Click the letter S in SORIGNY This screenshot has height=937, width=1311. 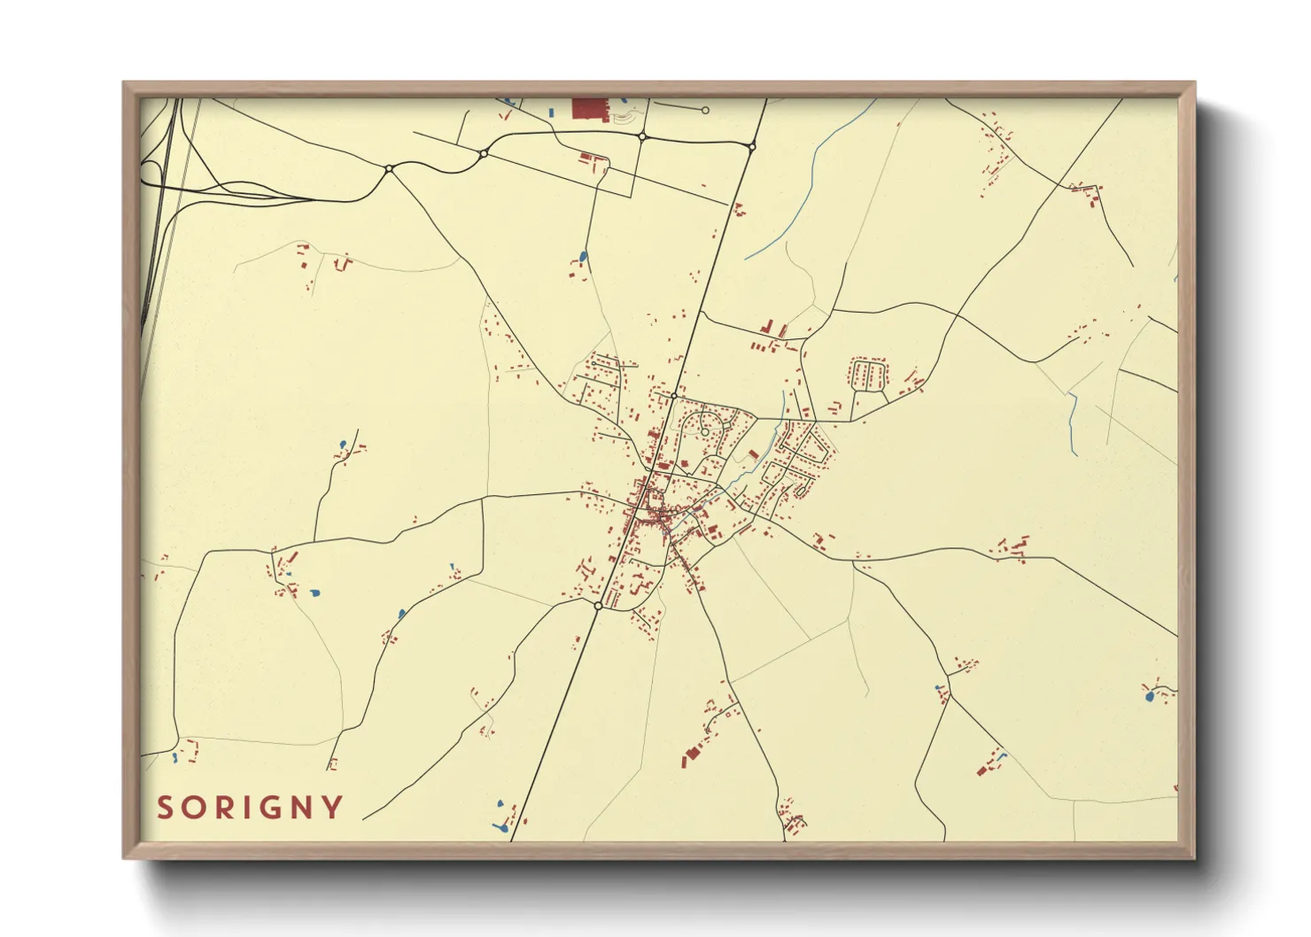click(165, 808)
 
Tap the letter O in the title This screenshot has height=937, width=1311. click(193, 808)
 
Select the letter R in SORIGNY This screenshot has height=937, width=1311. click(221, 808)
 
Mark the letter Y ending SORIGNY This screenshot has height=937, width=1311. click(332, 808)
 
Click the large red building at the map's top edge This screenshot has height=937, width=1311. click(586, 108)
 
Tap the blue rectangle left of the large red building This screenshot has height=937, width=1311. click(551, 112)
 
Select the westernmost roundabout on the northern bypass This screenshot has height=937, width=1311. click(389, 168)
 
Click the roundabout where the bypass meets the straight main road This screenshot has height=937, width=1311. click(751, 147)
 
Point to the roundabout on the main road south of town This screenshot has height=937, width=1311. click(598, 606)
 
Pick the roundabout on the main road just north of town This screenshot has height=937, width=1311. click(674, 396)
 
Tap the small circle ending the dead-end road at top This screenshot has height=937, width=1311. click(705, 111)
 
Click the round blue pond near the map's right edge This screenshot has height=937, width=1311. click(1150, 698)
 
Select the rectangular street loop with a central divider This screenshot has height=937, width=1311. click(868, 374)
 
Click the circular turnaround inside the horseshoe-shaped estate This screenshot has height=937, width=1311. click(704, 432)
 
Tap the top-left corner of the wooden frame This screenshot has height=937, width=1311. click(124, 83)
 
